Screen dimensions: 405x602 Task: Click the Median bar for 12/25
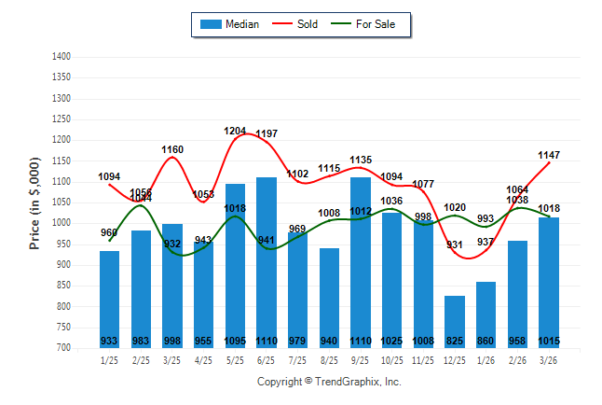click(455, 321)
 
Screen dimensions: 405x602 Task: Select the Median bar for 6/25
click(267, 262)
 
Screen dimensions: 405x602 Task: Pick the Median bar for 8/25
click(329, 298)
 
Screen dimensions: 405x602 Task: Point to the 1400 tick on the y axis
click(62, 57)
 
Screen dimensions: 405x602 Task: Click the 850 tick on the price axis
click(65, 286)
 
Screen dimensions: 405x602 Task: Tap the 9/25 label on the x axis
click(361, 360)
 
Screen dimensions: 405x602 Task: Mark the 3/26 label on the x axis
click(549, 360)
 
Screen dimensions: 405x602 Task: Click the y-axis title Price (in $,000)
click(35, 202)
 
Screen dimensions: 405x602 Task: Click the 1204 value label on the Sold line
click(235, 132)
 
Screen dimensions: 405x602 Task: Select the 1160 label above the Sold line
click(172, 149)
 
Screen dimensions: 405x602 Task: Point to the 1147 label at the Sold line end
click(549, 155)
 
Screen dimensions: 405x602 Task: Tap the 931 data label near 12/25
click(455, 245)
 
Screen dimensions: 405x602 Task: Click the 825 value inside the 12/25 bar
click(455, 341)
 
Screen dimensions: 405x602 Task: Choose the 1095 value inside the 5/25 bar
click(235, 341)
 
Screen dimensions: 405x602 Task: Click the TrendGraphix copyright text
click(328, 383)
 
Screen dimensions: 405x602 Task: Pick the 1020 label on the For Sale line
click(455, 208)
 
